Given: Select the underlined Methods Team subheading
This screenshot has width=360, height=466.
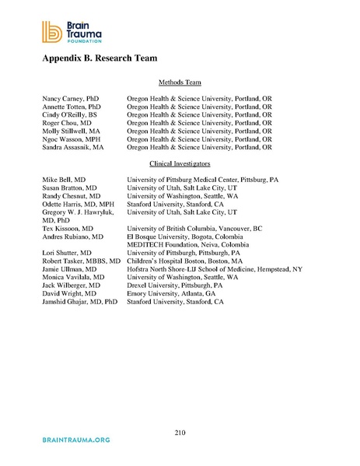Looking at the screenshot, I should coord(180,82).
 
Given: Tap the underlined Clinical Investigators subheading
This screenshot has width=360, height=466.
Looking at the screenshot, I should coord(180,163).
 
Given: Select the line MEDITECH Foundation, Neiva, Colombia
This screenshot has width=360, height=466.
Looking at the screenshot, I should coord(185,244).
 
